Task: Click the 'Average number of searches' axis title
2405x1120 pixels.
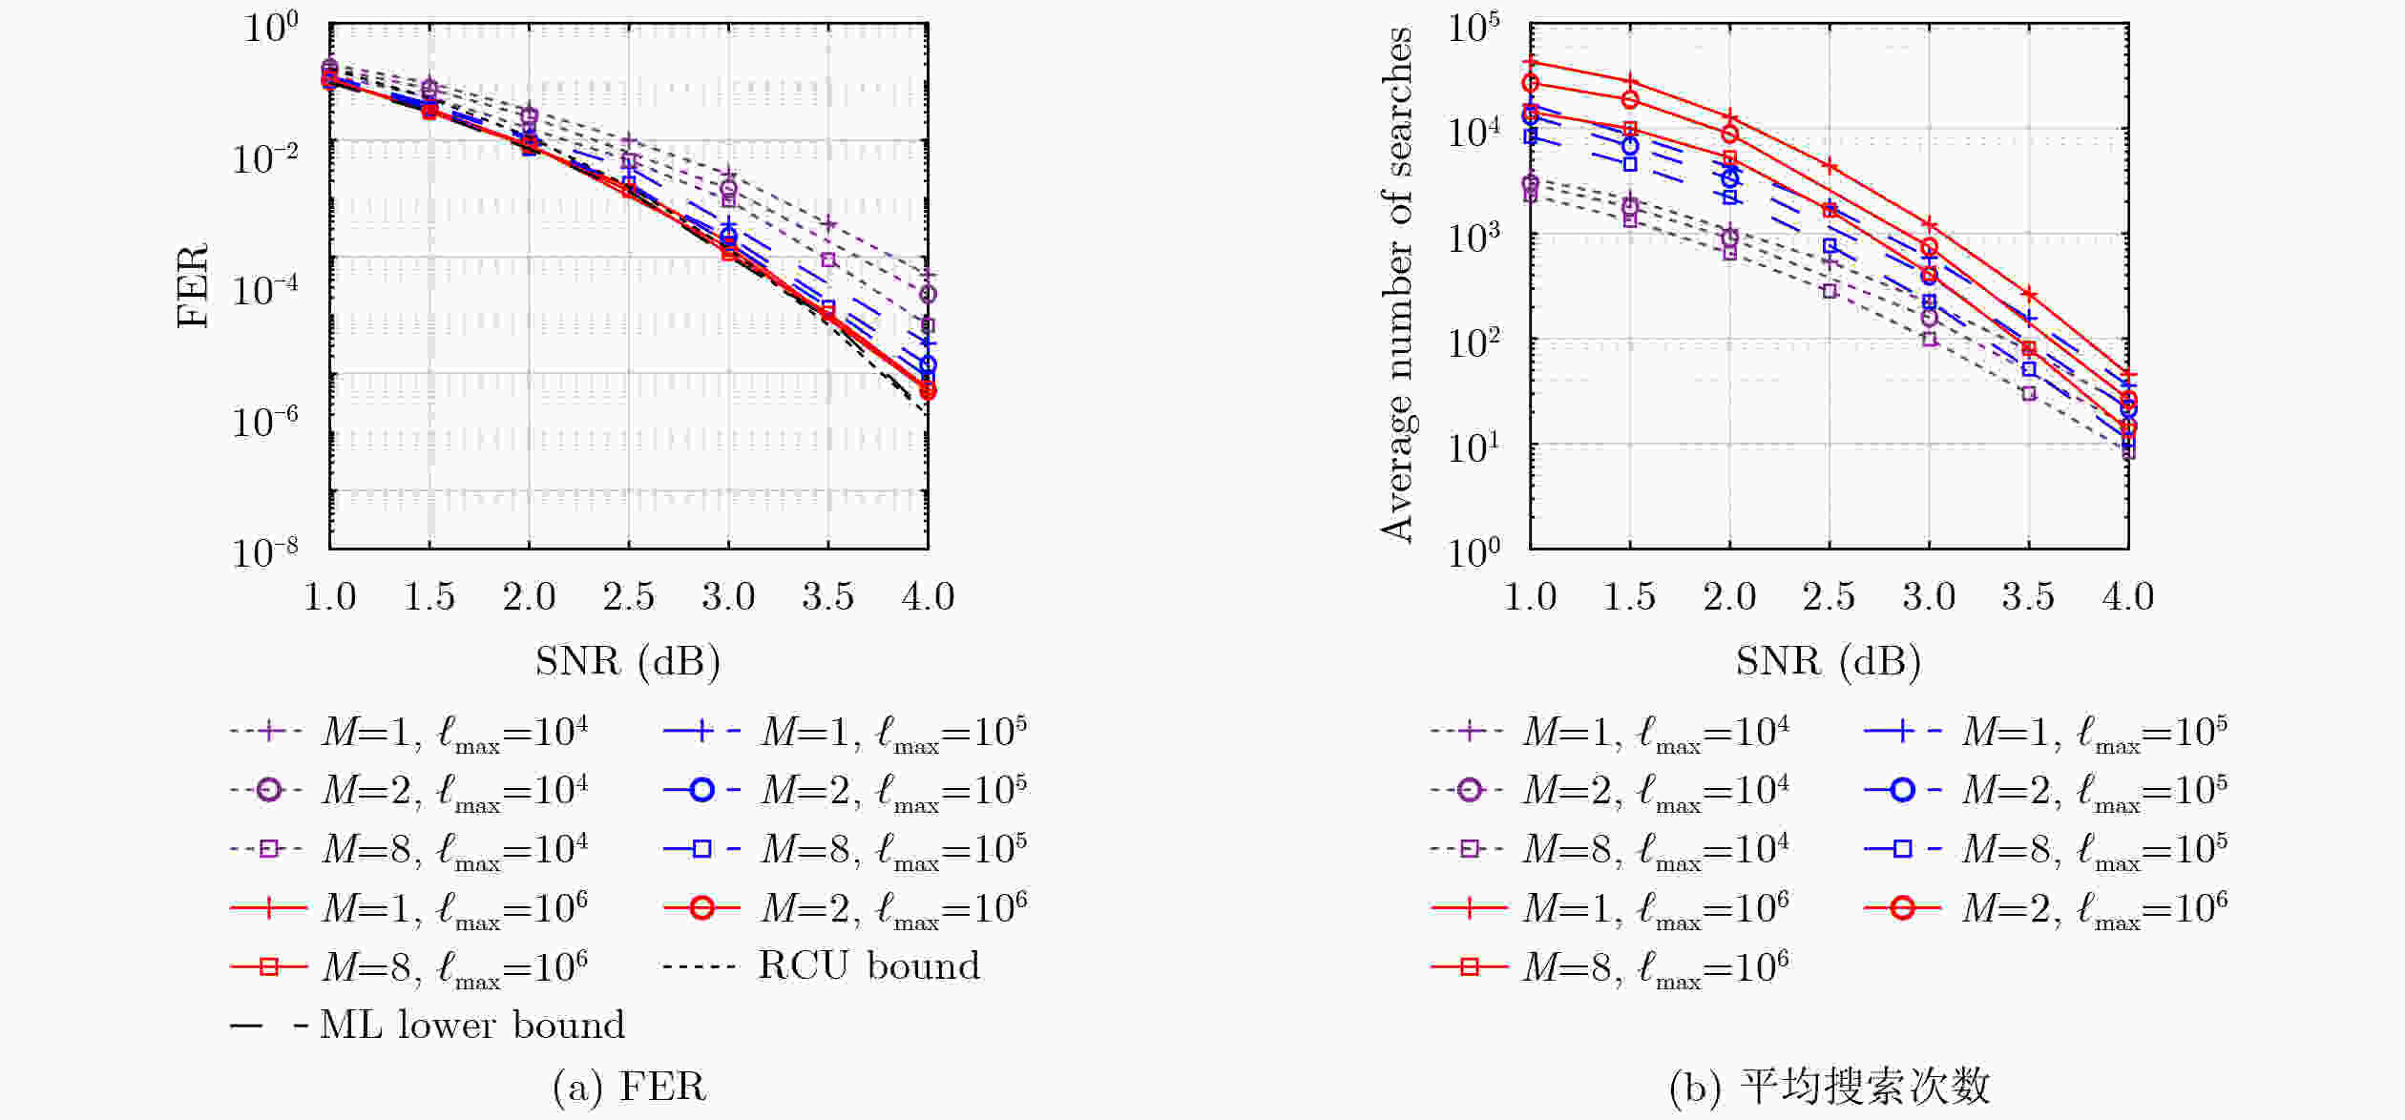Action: pos(1396,285)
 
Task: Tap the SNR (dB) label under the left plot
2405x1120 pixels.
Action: pos(627,661)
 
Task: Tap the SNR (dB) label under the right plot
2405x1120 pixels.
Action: pos(1828,661)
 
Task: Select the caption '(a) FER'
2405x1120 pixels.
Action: pos(629,1086)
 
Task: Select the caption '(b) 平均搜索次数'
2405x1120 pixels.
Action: pos(1830,1086)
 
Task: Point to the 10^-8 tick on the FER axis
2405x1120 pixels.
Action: pos(264,550)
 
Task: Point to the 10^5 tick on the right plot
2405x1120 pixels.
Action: pos(1473,28)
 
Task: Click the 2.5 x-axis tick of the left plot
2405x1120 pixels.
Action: pos(628,596)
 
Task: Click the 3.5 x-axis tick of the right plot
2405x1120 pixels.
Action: pos(2028,596)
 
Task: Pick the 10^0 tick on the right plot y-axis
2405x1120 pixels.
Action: pos(1473,550)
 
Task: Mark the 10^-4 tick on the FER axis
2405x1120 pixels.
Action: pos(264,287)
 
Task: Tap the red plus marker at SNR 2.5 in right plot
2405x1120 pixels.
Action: pos(1830,166)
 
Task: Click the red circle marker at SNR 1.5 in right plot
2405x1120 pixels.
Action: pos(1630,99)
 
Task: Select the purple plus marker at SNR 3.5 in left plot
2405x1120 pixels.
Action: pos(828,224)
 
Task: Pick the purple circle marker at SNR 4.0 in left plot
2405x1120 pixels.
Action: pos(928,294)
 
